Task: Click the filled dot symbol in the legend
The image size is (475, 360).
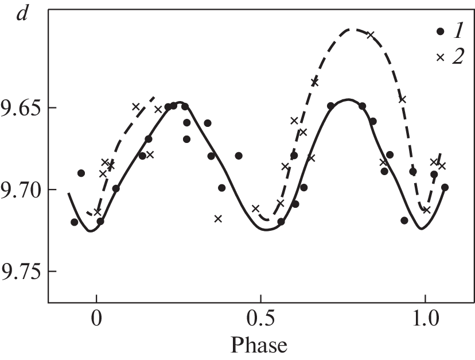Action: (x=441, y=32)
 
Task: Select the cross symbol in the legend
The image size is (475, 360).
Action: (x=441, y=57)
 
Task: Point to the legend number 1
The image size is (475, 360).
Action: (x=458, y=32)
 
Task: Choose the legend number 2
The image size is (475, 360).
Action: (x=458, y=57)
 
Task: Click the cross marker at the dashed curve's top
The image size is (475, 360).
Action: (x=371, y=35)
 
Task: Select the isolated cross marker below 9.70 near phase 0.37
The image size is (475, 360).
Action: (x=218, y=218)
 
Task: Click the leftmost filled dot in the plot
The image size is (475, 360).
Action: (x=74, y=222)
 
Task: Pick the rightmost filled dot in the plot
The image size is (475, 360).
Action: (x=445, y=187)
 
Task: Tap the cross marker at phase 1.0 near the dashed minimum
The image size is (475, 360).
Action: (x=427, y=210)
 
